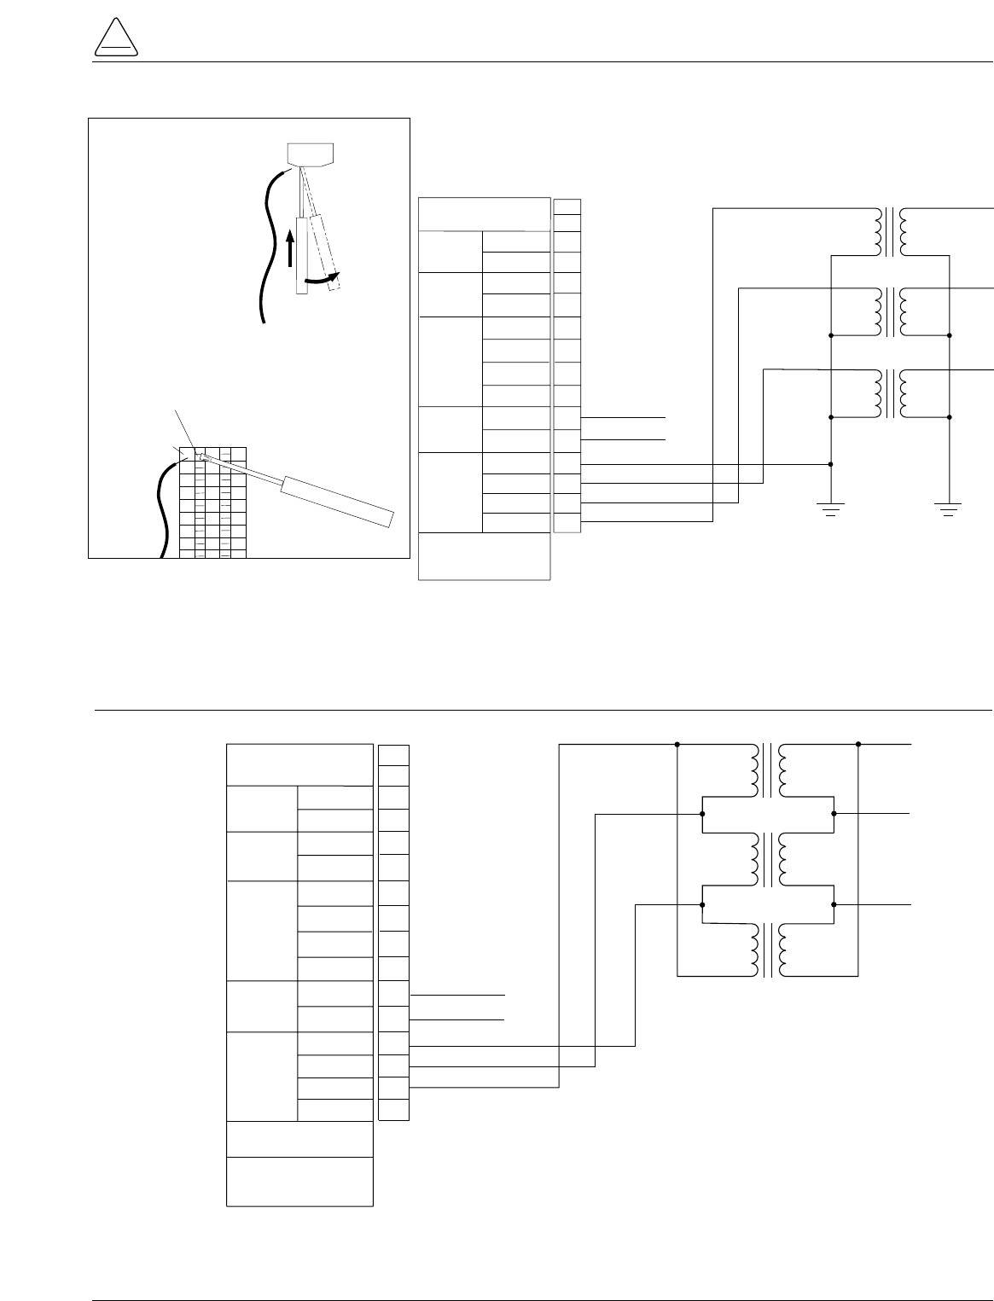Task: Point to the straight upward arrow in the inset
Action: pos(290,251)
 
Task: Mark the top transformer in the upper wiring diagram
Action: pos(890,231)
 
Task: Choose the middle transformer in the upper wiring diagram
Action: pos(890,312)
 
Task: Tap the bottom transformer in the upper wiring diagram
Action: pos(890,392)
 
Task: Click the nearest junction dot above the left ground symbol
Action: pos(830,465)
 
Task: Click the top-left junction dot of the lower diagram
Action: pos(677,744)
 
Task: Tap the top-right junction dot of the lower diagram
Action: pos(858,744)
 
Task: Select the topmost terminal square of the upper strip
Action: pos(567,206)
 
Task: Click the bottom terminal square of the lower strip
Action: pos(393,1110)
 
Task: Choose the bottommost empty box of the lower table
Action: pos(299,1182)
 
